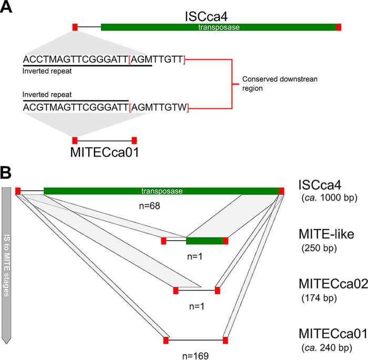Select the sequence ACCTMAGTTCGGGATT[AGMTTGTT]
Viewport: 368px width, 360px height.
[104, 60]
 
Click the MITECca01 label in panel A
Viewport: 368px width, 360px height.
[105, 153]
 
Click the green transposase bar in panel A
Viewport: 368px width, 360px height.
[218, 27]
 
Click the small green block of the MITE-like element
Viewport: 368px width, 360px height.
[205, 241]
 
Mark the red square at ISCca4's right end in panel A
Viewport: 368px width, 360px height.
[339, 27]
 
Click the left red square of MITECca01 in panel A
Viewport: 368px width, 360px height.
[75, 140]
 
